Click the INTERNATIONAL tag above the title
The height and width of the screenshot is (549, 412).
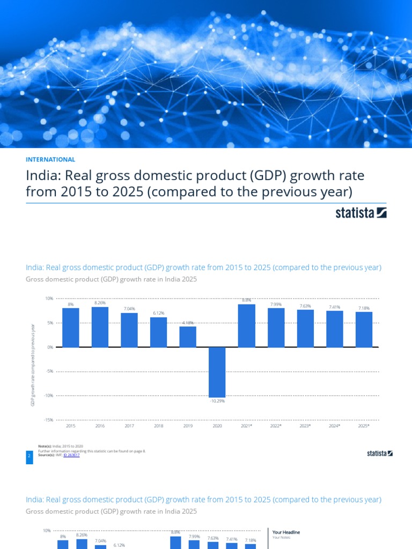coord(50,159)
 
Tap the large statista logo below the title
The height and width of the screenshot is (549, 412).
coord(361,213)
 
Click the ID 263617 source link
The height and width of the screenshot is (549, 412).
coord(71,455)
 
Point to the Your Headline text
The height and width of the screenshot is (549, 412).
coord(286,532)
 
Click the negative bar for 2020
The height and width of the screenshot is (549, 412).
coord(217,372)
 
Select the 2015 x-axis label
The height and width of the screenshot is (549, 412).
coord(70,426)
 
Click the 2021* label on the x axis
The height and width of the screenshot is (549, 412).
coord(246,426)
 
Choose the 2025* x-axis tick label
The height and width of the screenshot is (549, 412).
coord(364,426)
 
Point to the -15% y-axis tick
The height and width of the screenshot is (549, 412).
coord(48,420)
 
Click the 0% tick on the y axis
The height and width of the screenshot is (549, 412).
coord(50,347)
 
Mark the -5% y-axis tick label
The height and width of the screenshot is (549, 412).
coord(49,371)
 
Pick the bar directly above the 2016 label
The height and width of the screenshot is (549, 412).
coord(100,327)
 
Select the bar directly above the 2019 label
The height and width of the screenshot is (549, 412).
coord(188,337)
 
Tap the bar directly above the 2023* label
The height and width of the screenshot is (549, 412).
coord(305,329)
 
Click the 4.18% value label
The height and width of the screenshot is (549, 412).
coord(188,323)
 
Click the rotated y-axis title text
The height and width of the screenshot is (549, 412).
coord(33,365)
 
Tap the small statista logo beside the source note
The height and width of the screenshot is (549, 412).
coord(380,454)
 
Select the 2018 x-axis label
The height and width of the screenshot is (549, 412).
coord(158,426)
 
